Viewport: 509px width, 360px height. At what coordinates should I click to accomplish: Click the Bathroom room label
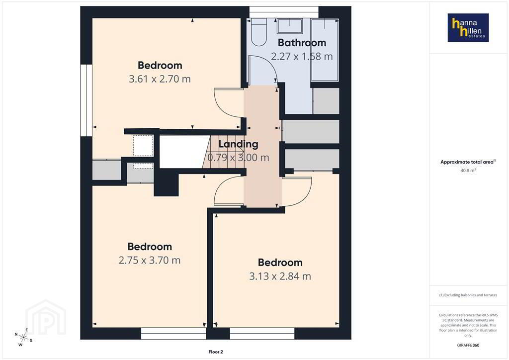302,43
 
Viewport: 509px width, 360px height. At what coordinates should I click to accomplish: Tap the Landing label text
238,144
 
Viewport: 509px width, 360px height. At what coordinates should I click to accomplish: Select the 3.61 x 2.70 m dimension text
160,79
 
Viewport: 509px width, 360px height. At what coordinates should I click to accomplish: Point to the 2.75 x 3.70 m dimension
149,261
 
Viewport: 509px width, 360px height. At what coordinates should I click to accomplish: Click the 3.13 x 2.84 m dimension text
280,276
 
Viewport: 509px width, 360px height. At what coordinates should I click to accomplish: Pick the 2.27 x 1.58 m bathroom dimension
302,57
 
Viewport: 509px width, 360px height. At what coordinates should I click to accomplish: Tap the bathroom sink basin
290,26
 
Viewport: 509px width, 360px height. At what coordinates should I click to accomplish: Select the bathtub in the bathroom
325,50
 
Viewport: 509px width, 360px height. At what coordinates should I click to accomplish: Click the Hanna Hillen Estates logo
468,27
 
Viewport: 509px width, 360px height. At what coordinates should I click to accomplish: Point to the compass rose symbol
23,337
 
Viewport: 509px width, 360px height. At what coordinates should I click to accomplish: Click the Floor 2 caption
216,352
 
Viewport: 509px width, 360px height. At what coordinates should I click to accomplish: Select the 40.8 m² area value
468,170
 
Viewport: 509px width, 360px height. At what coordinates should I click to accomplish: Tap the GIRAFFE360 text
468,345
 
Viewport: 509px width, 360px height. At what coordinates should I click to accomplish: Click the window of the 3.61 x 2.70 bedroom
86,100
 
